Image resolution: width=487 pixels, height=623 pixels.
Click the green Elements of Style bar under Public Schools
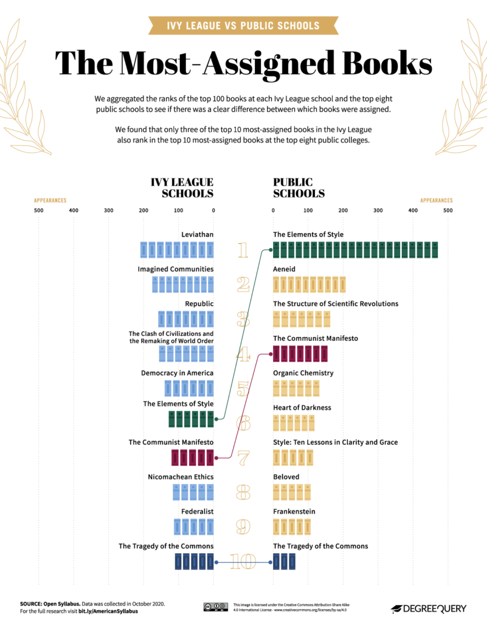tap(356, 249)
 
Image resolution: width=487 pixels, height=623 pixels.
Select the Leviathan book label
tap(197, 234)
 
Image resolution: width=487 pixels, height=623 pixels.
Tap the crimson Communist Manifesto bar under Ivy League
tap(192, 458)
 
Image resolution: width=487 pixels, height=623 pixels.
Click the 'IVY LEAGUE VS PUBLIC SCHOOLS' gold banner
tap(243, 26)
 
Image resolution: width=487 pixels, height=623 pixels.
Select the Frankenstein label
tap(294, 512)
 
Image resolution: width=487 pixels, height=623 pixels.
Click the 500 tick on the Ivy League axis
tap(38, 211)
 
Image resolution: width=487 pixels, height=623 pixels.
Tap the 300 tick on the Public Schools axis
tap(378, 211)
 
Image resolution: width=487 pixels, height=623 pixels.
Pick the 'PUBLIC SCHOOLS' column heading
tap(299, 188)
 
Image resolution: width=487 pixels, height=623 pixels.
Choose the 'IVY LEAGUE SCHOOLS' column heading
tap(182, 188)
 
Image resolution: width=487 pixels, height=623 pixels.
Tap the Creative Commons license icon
tap(215, 607)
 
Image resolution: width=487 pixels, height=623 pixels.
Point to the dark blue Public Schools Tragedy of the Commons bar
tap(284, 562)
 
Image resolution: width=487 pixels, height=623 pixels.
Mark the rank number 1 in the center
tap(243, 250)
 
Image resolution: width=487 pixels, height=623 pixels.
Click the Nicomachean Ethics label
tap(181, 477)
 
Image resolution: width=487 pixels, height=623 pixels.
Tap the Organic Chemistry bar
tap(296, 388)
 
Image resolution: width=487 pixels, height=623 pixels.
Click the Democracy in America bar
tap(189, 388)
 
